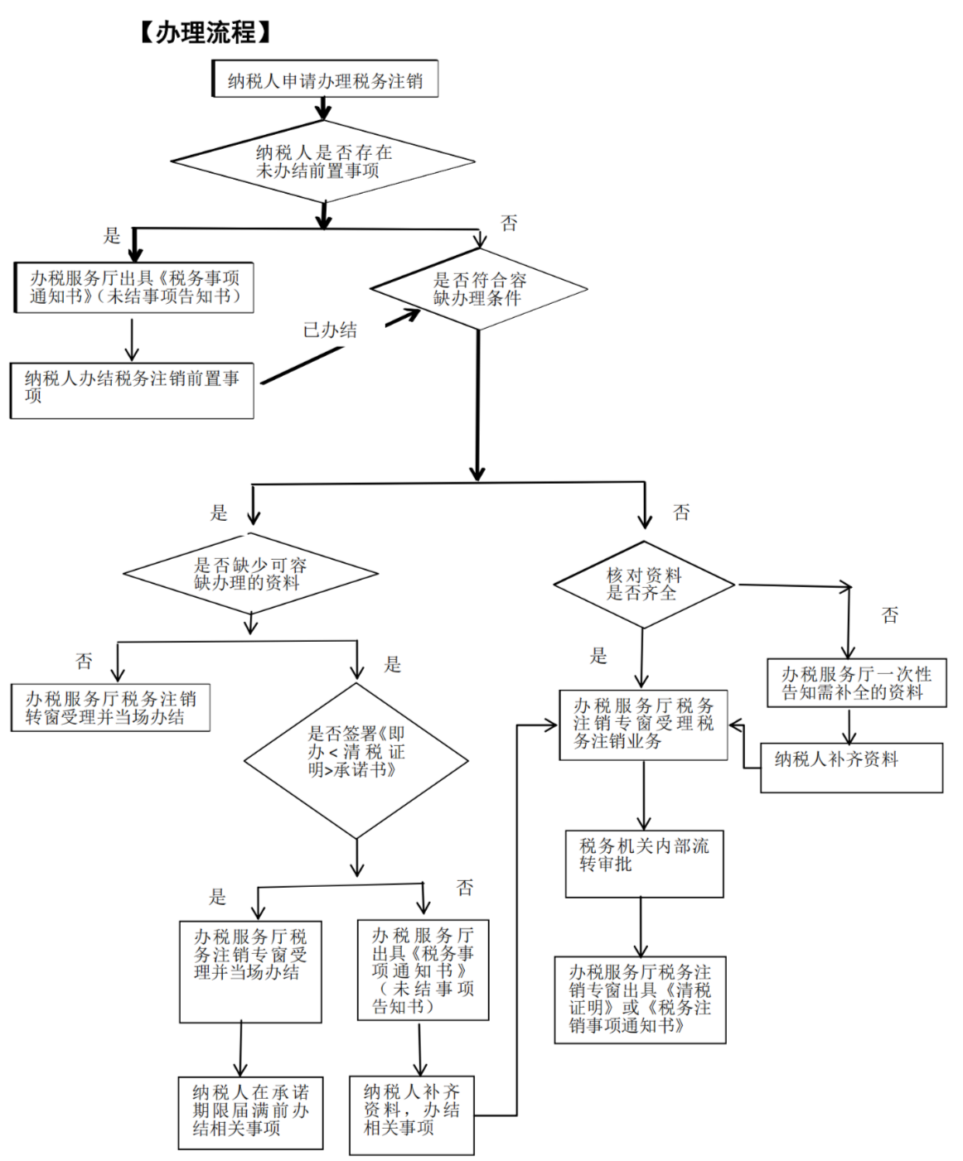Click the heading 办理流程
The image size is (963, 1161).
click(206, 32)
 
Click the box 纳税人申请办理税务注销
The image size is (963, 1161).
click(325, 79)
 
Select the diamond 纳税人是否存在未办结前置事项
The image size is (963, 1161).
click(323, 161)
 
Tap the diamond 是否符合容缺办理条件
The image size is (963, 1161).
click(479, 289)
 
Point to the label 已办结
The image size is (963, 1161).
click(330, 330)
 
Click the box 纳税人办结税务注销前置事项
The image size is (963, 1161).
click(132, 389)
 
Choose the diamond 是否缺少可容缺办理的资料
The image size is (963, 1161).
click(250, 573)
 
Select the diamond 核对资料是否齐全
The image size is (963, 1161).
click(643, 584)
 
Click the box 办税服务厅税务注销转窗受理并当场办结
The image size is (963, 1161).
click(110, 707)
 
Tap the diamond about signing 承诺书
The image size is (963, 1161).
click(356, 759)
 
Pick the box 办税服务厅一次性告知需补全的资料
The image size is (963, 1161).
click(856, 683)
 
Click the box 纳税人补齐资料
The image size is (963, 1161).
click(851, 767)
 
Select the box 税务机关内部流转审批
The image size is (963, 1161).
click(644, 863)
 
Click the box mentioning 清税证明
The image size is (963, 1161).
click(640, 999)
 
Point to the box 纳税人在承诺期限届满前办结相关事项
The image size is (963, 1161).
click(250, 1111)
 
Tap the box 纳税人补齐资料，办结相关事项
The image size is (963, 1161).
click(411, 1115)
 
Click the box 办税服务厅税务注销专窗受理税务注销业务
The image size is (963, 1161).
click(643, 725)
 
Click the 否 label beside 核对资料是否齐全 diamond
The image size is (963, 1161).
click(889, 615)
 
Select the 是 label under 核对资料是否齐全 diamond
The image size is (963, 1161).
click(598, 657)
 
